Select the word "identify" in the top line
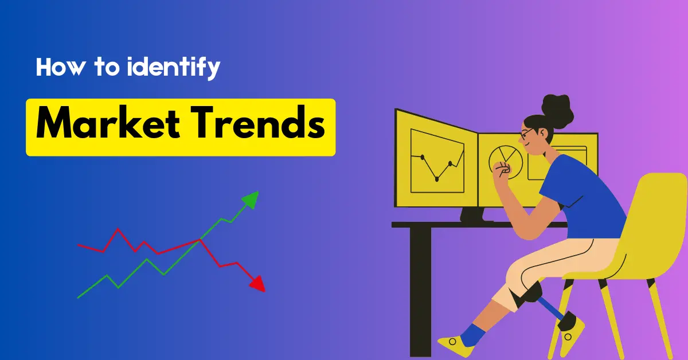tap(173, 68)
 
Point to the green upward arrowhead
tap(251, 199)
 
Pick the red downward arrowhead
tap(258, 284)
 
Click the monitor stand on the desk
tap(476, 215)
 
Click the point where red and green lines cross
tap(200, 240)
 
